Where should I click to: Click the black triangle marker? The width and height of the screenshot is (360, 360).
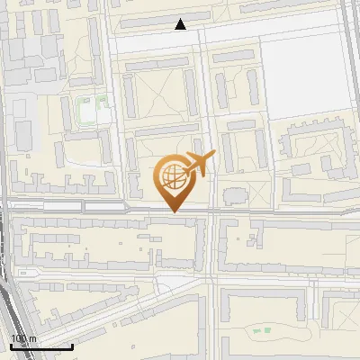(181, 24)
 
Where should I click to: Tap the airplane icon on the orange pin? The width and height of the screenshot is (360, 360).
(199, 162)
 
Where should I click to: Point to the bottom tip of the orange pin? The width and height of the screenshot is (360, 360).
(174, 211)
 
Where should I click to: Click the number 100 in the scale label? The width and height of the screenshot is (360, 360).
(18, 339)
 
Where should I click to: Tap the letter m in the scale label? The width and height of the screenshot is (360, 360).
(33, 339)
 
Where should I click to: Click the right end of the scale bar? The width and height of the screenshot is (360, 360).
(72, 346)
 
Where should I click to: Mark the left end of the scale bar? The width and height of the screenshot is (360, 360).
(11, 346)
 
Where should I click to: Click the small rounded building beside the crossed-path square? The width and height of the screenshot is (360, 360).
(232, 194)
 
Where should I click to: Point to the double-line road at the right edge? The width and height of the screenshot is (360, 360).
(348, 54)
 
